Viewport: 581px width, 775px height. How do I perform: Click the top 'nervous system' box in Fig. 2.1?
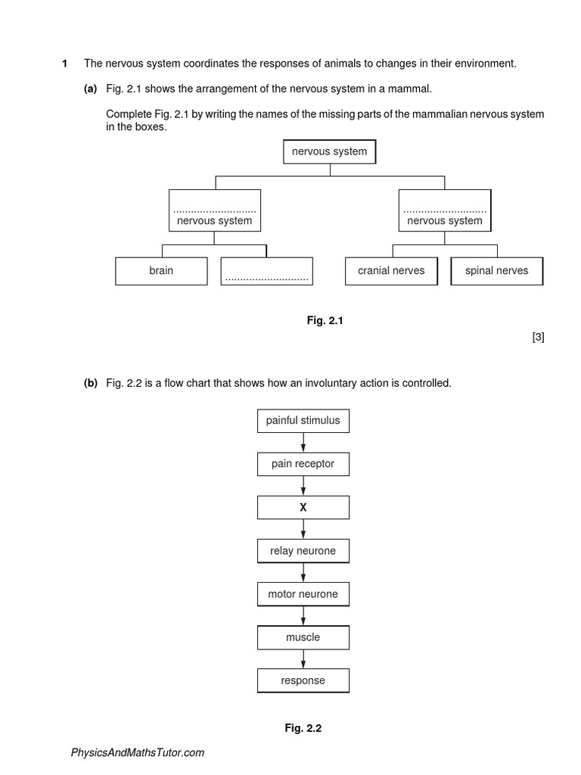329,151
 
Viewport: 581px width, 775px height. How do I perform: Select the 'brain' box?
160,270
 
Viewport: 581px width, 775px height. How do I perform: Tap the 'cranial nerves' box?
391,270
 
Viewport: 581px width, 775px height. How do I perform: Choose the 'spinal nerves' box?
496,270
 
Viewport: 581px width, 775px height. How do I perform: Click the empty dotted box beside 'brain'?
266,271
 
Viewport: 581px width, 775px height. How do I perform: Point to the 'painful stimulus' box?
303,420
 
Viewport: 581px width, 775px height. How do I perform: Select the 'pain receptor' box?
303,464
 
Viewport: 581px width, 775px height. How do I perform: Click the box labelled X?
303,508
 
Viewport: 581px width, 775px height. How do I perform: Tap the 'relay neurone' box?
303,551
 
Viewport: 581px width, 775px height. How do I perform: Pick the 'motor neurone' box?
303,594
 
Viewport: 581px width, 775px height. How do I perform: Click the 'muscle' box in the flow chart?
303,637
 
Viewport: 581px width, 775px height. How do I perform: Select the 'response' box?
303,680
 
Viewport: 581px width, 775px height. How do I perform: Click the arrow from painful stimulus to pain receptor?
303,442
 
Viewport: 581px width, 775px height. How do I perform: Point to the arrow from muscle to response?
303,659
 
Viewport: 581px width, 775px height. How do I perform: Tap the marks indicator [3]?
538,338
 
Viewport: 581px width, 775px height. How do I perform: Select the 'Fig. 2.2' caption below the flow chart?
303,728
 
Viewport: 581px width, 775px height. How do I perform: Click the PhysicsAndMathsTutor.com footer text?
137,752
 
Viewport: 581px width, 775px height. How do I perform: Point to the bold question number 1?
64,64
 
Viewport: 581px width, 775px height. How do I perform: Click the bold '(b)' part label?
91,383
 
